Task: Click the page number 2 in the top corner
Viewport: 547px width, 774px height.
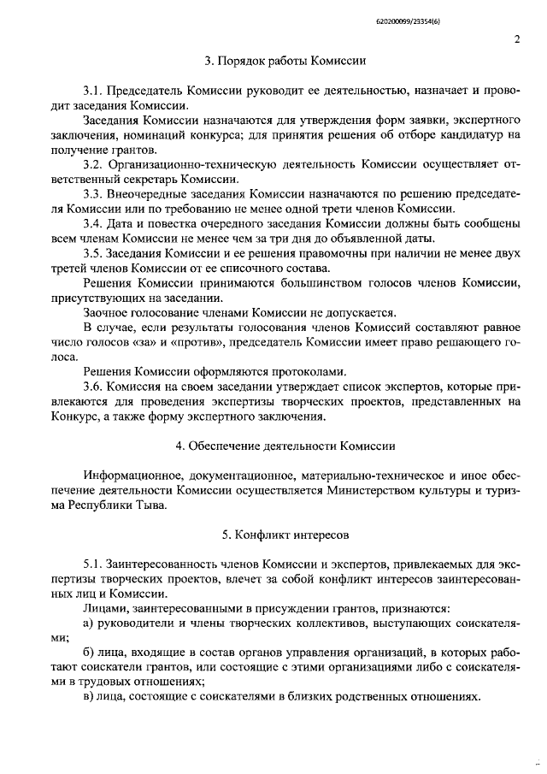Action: coord(518,38)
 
